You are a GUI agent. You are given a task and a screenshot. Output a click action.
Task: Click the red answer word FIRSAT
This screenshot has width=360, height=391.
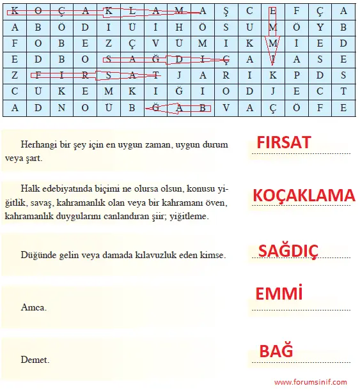(x=283, y=142)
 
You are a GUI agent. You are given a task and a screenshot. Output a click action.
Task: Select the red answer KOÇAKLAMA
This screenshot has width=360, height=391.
(x=304, y=195)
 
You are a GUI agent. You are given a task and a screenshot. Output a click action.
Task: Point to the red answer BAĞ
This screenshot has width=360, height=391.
(x=276, y=351)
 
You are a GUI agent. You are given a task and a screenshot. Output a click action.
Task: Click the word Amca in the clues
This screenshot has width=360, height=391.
(x=33, y=307)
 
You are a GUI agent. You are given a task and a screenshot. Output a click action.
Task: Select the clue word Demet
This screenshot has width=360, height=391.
(x=35, y=360)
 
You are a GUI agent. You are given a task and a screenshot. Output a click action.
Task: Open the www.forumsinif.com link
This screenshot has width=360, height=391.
(x=310, y=382)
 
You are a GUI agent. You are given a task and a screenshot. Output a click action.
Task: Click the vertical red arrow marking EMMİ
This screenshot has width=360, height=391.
(x=273, y=35)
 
